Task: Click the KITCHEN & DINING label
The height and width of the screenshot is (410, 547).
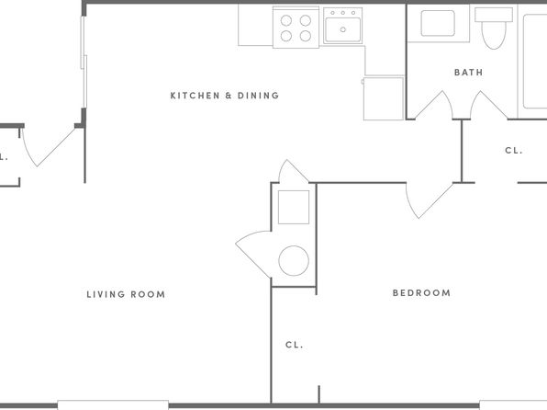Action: [x=225, y=96]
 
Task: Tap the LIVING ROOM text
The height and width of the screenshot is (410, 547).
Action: [x=126, y=294]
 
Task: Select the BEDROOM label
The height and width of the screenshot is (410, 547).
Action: [x=421, y=293]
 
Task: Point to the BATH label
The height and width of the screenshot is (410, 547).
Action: [x=468, y=73]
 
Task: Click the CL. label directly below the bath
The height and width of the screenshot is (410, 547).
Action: [x=514, y=150]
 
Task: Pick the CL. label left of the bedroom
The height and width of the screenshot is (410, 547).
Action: [x=294, y=345]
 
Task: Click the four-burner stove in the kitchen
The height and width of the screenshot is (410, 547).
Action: [x=296, y=28]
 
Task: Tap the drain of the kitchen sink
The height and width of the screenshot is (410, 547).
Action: [x=343, y=29]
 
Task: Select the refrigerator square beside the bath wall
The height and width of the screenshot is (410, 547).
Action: [x=384, y=98]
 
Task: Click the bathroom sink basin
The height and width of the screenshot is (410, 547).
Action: [x=438, y=23]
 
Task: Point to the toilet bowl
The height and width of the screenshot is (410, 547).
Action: [x=494, y=35]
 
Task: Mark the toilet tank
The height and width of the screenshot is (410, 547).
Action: [x=494, y=15]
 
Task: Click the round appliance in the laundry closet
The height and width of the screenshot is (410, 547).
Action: [x=294, y=261]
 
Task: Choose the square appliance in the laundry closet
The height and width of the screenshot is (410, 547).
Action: [x=294, y=207]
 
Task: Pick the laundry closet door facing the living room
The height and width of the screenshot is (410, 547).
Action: [x=253, y=255]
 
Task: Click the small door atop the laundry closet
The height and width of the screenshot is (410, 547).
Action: [x=294, y=171]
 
